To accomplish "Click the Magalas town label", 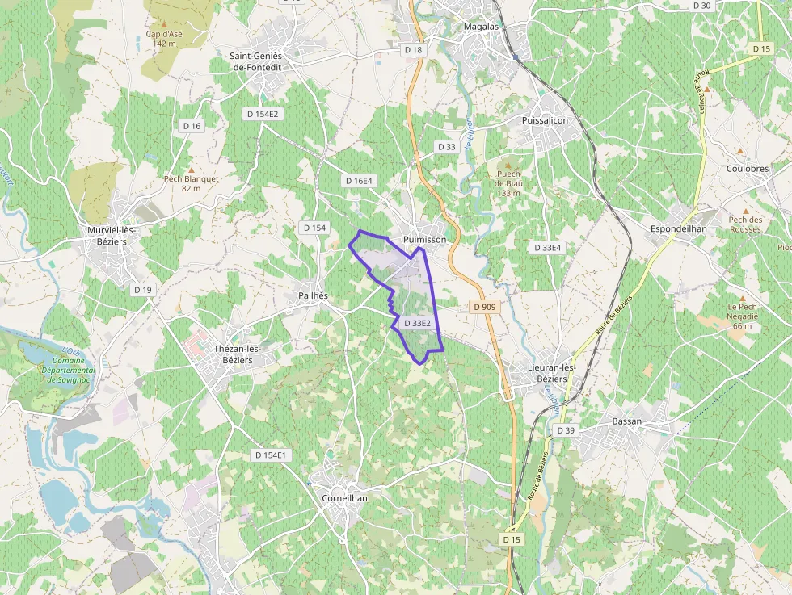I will tap(482, 26).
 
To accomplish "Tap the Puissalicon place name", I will tap(546, 120).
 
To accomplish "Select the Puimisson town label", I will tap(424, 239).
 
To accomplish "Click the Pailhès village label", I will tap(313, 295).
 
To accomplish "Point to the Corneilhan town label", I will tap(344, 498).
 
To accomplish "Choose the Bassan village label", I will tap(627, 421).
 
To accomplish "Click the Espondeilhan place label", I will tap(679, 229).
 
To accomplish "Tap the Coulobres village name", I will tap(748, 169).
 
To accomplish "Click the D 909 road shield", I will tap(483, 307).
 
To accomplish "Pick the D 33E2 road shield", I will tap(417, 324).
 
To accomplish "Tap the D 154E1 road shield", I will tap(271, 455).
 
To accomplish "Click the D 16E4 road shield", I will tap(358, 181).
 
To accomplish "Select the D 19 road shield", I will tap(143, 289).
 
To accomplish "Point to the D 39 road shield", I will tap(566, 431).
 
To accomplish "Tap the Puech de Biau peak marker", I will tap(508, 163).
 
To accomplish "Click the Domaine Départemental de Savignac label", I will tap(71, 370).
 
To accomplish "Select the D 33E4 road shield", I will tap(547, 248).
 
